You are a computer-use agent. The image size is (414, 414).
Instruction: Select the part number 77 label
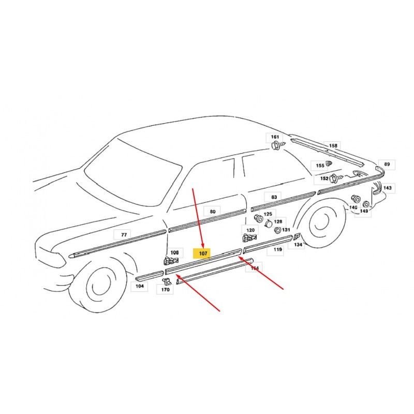coord(124,235)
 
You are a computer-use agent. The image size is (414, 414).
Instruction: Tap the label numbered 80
coord(213,212)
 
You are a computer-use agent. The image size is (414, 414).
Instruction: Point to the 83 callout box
coord(274,197)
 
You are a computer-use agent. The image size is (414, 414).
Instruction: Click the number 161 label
coord(275,137)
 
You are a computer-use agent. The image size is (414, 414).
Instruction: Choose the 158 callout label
coord(333,145)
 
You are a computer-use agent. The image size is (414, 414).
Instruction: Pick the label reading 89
coord(387,164)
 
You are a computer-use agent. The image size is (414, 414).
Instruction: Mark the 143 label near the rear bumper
coord(387,188)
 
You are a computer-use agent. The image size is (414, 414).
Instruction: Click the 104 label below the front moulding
coord(139,286)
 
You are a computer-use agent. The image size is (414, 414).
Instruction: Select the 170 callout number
coord(165,290)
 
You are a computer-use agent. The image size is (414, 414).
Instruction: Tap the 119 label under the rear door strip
coord(277,249)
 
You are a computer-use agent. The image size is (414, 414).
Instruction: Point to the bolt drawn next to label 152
coord(336,178)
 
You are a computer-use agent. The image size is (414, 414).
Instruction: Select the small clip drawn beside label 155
coord(329,164)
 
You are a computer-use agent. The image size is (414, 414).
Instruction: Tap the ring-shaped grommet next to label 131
coord(278,230)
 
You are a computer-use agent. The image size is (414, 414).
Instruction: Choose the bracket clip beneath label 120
coord(249,238)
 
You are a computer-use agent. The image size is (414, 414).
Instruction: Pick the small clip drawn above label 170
coord(167,282)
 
